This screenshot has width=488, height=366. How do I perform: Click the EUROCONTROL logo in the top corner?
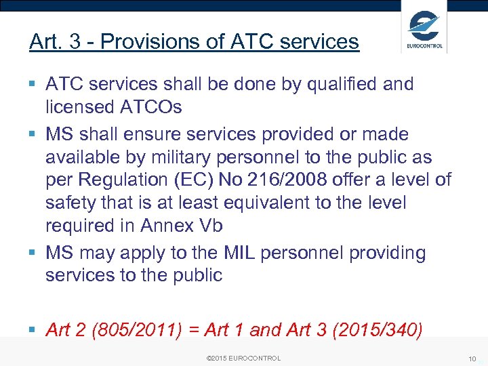tap(424, 28)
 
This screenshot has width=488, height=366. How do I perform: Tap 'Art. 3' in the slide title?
tap(55, 42)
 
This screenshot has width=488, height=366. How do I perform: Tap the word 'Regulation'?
tap(121, 180)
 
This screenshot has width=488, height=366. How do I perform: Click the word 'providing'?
tap(387, 253)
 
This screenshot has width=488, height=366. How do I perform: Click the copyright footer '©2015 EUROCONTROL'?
tap(243, 358)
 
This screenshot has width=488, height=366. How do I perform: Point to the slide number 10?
tap(472, 358)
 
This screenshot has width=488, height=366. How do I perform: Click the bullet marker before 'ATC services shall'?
tap(33, 85)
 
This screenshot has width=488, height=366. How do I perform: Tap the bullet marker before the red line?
tap(33, 330)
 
